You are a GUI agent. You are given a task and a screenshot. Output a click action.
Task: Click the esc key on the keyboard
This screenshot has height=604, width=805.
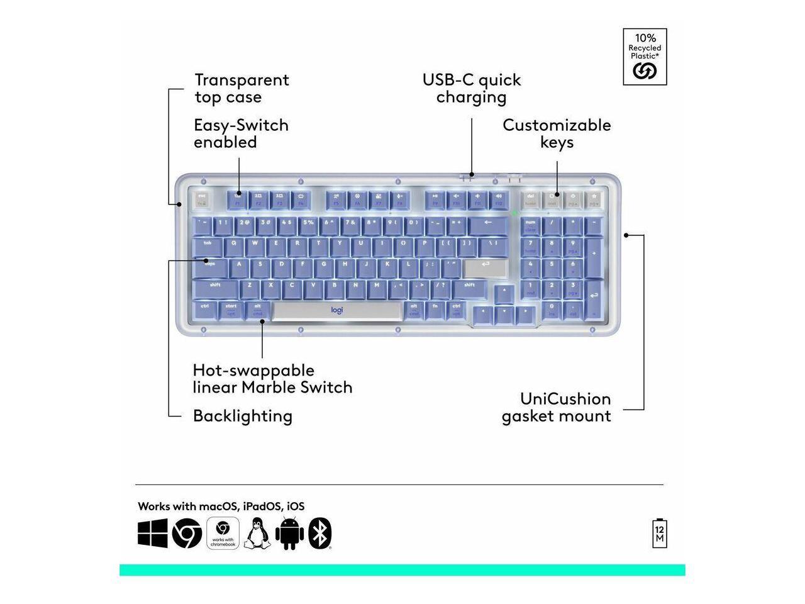coord(201,199)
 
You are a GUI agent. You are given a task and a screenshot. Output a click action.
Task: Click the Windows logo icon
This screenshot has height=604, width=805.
coord(153,534)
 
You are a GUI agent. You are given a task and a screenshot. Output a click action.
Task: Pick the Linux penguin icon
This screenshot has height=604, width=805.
coord(257,534)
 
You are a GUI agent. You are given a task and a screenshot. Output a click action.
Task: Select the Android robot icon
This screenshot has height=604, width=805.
coord(289,534)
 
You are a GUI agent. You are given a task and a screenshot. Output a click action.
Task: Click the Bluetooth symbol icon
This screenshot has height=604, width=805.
coord(320,534)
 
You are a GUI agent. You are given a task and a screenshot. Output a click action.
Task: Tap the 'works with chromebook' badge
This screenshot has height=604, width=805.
coord(223,534)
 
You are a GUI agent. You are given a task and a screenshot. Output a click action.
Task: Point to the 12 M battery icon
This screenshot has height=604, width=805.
coord(660,534)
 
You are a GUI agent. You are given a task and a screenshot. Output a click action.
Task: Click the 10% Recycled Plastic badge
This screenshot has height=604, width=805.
coord(645,57)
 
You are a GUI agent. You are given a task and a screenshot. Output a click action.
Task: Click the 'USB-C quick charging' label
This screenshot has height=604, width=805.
coord(472,88)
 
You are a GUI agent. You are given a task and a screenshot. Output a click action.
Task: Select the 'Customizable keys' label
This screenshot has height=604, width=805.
coord(557,133)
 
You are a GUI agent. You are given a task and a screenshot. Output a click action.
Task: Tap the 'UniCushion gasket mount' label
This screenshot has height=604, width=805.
coord(557,407)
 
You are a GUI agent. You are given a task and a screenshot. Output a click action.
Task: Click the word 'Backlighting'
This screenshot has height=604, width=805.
coord(243,416)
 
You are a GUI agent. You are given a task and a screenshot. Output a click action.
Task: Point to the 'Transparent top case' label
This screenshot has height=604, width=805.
coord(241,88)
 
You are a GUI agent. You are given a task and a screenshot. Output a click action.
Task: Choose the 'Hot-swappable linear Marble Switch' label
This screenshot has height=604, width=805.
coord(272,378)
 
